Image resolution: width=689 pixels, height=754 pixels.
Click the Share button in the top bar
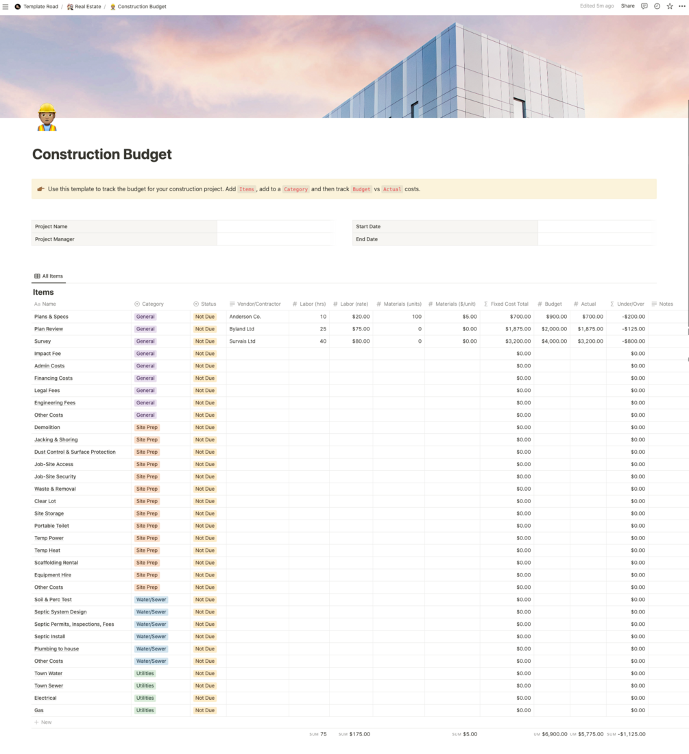pyautogui.click(x=627, y=6)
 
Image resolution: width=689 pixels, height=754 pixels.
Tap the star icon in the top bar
pyautogui.click(x=670, y=6)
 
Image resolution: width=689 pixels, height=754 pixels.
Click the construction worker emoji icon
pyautogui.click(x=47, y=117)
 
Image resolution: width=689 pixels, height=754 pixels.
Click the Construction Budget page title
pyautogui.click(x=102, y=154)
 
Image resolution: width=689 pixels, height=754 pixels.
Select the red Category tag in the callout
pyautogui.click(x=295, y=189)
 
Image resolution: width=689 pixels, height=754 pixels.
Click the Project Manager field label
pyautogui.click(x=55, y=239)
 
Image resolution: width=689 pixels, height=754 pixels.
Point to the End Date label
pyautogui.click(x=367, y=239)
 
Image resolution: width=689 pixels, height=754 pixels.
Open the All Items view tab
pyautogui.click(x=49, y=276)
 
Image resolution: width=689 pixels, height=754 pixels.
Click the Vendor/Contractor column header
pyautogui.click(x=255, y=304)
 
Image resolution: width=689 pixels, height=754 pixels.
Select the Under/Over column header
pyautogui.click(x=627, y=304)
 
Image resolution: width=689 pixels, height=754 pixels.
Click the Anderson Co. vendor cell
pyautogui.click(x=245, y=317)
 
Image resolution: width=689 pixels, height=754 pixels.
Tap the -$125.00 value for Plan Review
pyautogui.click(x=633, y=329)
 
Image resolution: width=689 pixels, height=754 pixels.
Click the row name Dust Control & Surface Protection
pyautogui.click(x=75, y=452)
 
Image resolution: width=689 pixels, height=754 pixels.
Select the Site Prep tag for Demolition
pyautogui.click(x=147, y=428)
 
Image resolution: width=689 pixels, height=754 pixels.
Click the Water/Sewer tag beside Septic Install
pyautogui.click(x=151, y=637)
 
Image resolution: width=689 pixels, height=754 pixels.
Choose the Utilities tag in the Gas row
pyautogui.click(x=145, y=710)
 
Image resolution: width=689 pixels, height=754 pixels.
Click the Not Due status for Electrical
pyautogui.click(x=205, y=698)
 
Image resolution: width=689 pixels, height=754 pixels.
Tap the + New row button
pyautogui.click(x=43, y=722)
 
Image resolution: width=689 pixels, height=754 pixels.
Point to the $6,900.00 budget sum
pyautogui.click(x=555, y=734)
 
